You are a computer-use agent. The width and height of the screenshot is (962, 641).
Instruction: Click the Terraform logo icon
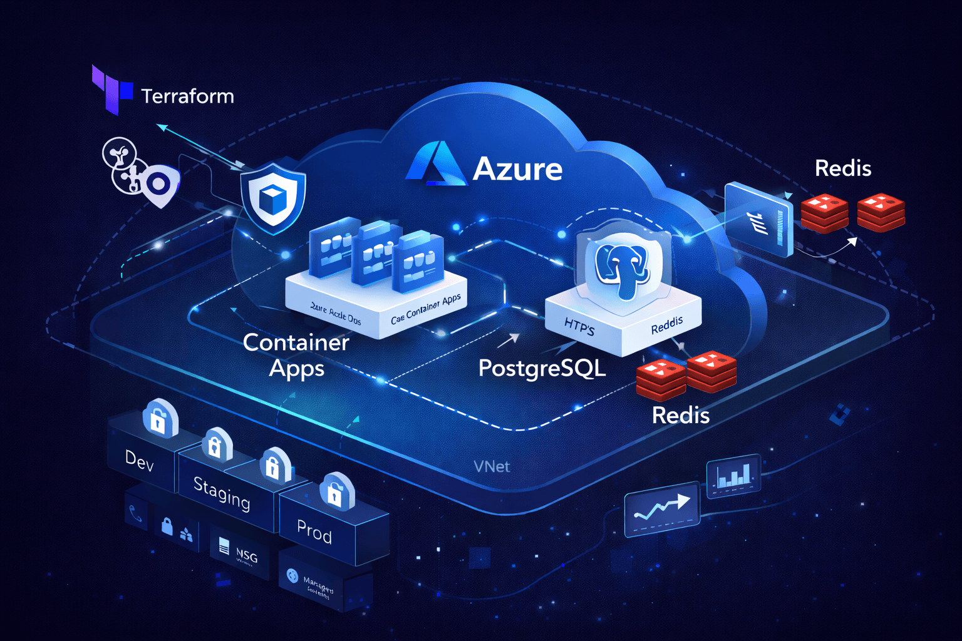(x=111, y=90)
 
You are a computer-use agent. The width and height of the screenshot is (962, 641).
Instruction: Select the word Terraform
(x=187, y=96)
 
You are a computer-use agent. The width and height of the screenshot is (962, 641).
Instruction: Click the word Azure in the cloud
(x=517, y=169)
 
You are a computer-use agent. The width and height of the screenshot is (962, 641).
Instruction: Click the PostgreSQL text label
(x=542, y=368)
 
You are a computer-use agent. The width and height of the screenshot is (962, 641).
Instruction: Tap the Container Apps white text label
(x=296, y=355)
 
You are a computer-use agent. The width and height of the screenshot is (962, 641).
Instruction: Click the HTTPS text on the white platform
(x=579, y=326)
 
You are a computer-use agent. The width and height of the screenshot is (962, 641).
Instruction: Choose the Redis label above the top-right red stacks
(x=843, y=168)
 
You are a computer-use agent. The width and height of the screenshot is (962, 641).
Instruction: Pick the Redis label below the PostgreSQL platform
(x=681, y=415)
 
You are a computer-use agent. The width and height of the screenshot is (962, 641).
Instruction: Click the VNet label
(x=492, y=467)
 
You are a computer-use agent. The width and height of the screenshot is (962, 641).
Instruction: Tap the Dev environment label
(x=139, y=461)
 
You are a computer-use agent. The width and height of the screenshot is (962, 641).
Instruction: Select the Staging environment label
(x=222, y=493)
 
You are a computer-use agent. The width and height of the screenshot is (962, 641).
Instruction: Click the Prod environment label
(x=314, y=532)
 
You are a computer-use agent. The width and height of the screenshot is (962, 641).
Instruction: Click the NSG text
(x=247, y=555)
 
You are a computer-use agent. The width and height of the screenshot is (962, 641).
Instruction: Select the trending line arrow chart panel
(x=662, y=508)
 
